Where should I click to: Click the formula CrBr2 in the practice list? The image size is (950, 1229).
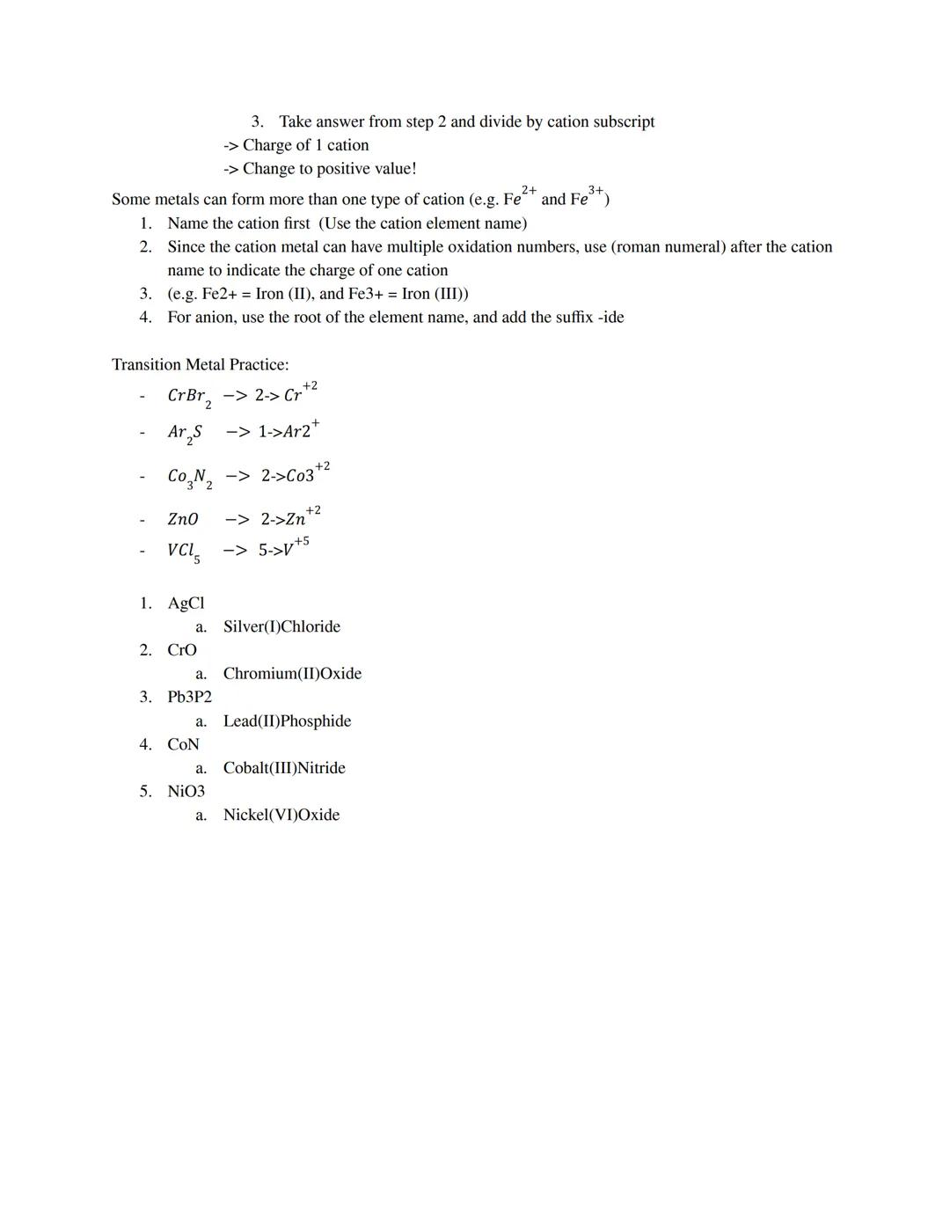tap(189, 397)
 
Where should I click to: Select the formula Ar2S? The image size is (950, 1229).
tap(185, 433)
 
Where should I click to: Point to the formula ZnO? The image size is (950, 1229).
tap(183, 520)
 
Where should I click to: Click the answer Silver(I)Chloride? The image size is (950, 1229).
tap(281, 626)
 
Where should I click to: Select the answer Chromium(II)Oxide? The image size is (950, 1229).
tap(292, 674)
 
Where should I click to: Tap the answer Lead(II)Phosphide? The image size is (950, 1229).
tap(287, 721)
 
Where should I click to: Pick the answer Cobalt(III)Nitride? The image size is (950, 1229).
tap(284, 768)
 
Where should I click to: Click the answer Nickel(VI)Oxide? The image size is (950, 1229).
tap(281, 816)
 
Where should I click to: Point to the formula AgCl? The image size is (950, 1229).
tap(186, 604)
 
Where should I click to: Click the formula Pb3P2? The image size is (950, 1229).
tap(189, 697)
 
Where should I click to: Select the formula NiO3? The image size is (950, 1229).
tap(186, 792)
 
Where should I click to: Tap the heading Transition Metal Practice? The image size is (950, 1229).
tap(200, 364)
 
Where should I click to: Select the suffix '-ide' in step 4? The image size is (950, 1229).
tap(610, 317)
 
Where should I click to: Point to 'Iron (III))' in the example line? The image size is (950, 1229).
tap(435, 294)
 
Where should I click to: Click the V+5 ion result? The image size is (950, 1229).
tap(295, 548)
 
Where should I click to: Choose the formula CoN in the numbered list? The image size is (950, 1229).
tap(183, 744)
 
